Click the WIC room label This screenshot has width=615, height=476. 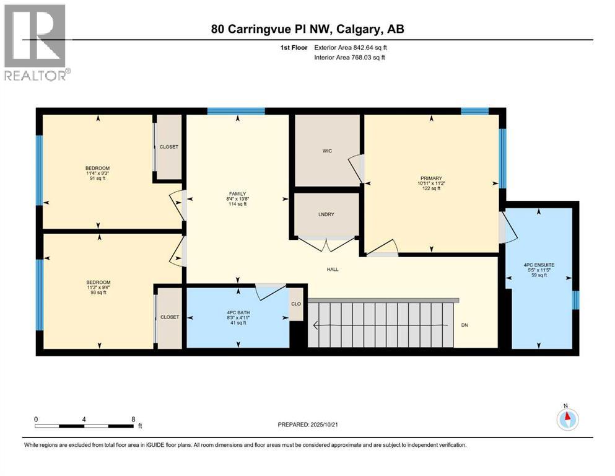328,151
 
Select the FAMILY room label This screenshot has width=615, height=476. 237,193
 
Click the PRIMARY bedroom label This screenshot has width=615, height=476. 429,178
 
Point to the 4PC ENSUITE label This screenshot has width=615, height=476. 538,265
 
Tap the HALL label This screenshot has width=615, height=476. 333,269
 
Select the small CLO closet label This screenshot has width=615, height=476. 297,304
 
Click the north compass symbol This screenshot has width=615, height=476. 565,419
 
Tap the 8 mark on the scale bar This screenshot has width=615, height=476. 133,419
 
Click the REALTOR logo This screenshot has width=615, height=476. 36,42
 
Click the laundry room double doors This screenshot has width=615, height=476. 326,244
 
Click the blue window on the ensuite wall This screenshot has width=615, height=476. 575,300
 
